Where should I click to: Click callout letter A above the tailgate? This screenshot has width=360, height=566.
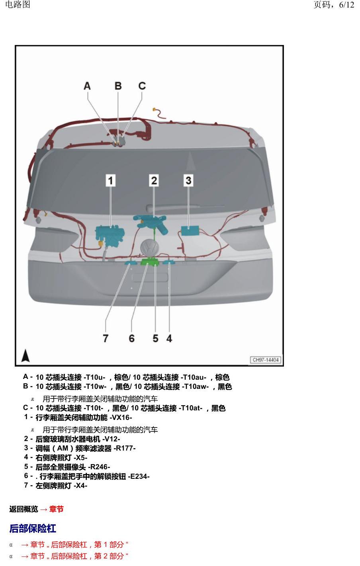tap(87, 86)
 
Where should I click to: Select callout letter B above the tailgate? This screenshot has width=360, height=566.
tap(118, 86)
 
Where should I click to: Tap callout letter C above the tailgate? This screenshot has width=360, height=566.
tap(142, 86)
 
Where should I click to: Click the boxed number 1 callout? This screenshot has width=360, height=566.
tap(110, 180)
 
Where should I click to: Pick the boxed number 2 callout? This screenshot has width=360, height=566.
tap(154, 180)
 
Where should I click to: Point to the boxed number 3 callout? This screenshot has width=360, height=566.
tap(189, 180)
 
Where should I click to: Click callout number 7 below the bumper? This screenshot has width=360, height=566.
tap(106, 338)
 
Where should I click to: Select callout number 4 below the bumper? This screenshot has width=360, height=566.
tap(169, 338)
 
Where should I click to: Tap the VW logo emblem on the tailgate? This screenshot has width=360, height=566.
tap(150, 248)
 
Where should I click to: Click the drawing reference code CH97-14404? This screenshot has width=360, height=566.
tap(266, 360)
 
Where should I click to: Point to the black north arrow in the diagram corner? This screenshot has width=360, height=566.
tap(25, 355)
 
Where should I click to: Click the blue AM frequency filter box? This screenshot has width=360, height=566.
tap(190, 231)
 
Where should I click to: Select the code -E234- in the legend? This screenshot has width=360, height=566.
tap(139, 476)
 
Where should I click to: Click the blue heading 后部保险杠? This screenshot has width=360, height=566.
tap(33, 528)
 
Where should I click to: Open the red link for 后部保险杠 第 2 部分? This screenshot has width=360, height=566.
tap(74, 556)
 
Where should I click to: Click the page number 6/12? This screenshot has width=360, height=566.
tap(346, 5)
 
